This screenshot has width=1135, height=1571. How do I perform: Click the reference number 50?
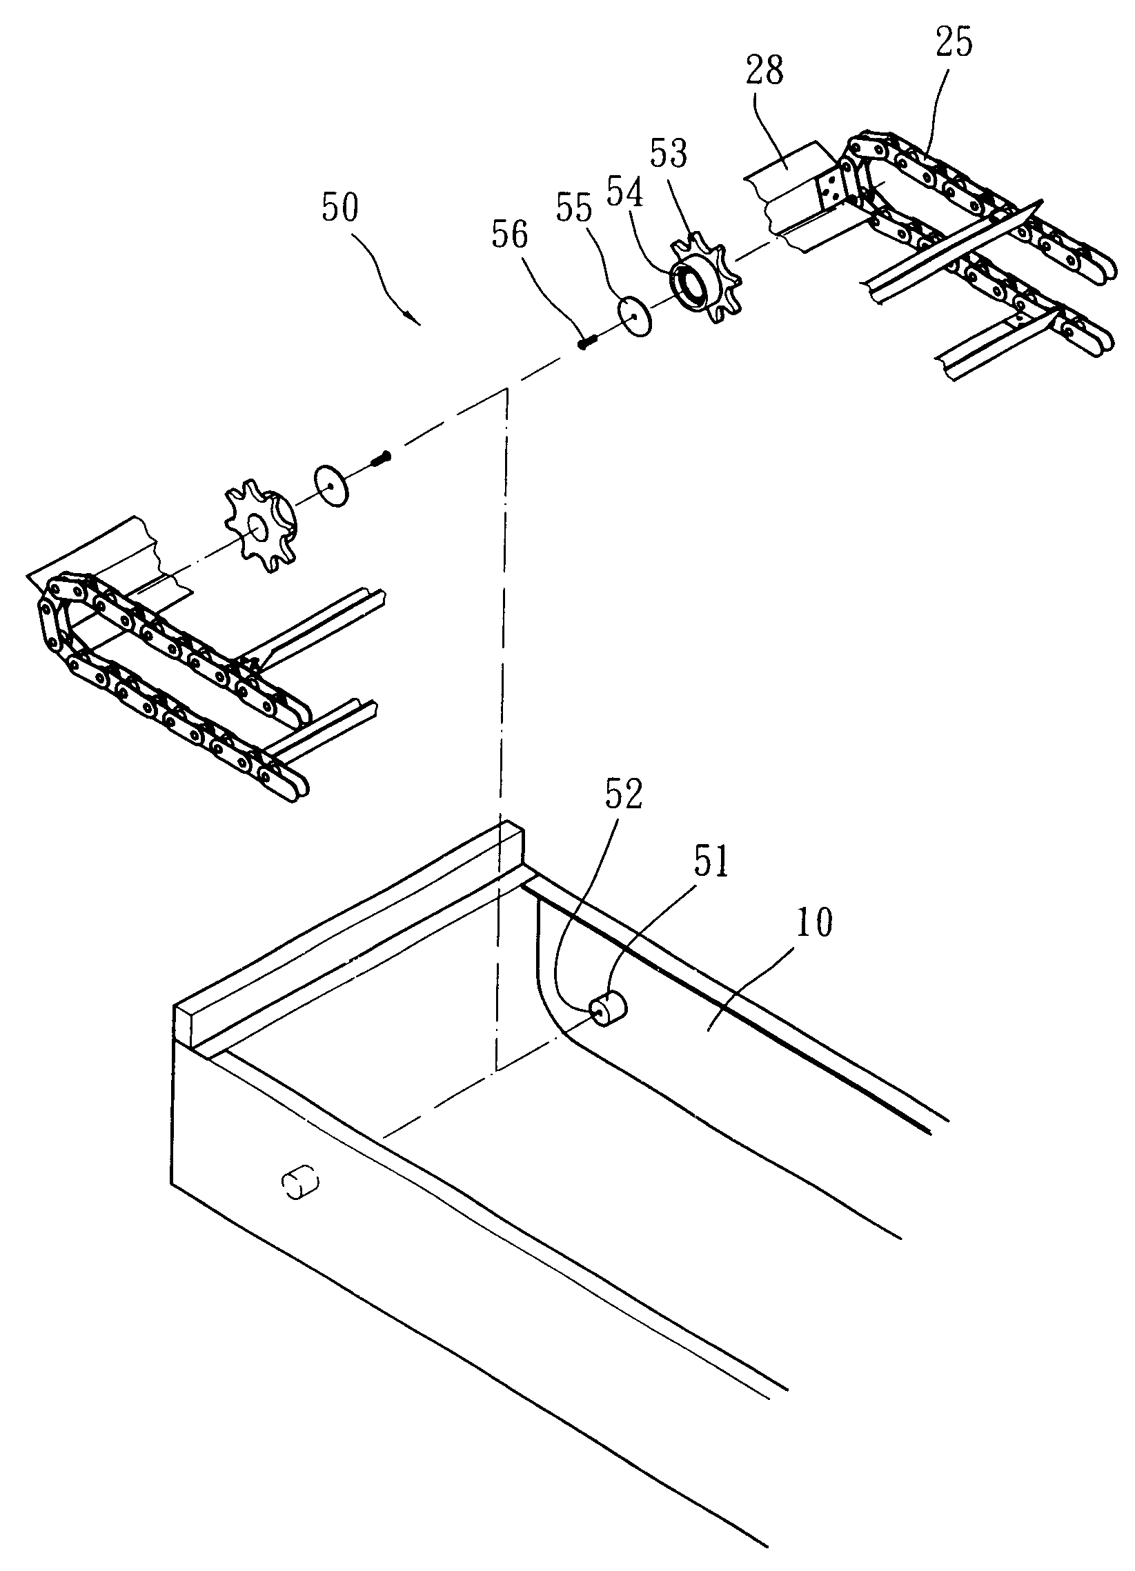point(340,208)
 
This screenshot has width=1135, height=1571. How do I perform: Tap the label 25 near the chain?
point(954,43)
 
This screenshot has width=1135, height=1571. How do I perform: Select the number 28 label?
point(764,71)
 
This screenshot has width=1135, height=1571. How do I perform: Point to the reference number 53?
point(668,152)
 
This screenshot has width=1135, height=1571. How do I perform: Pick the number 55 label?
point(574,208)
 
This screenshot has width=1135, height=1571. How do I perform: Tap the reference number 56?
point(509,235)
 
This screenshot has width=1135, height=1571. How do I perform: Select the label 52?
point(624,795)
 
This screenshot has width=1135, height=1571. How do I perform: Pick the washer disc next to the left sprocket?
point(331,487)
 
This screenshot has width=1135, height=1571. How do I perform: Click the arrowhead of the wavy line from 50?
point(416,321)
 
